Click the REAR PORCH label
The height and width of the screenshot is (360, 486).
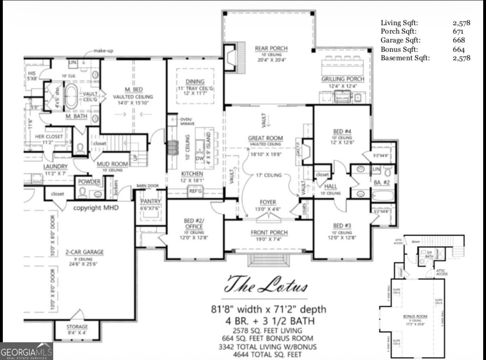click(x=271, y=48)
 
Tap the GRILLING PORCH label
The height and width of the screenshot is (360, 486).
click(x=343, y=79)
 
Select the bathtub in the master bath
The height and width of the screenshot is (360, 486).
click(x=71, y=96)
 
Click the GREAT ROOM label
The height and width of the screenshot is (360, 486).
click(x=265, y=138)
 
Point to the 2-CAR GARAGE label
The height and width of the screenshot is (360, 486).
click(x=84, y=252)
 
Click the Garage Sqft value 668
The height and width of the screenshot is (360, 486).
click(x=459, y=40)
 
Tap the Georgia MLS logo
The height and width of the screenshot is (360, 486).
click(x=27, y=351)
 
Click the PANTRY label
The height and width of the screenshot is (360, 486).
click(x=151, y=201)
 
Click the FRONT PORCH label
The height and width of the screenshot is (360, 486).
click(x=269, y=233)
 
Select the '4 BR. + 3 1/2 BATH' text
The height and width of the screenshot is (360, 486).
click(x=269, y=322)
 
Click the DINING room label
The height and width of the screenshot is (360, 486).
click(x=195, y=81)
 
